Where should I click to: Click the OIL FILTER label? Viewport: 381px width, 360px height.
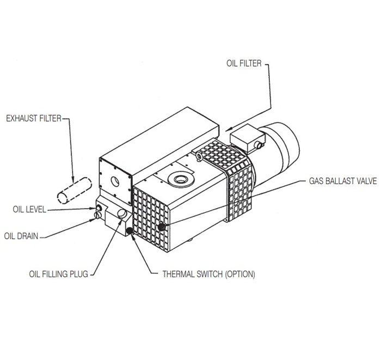coord(244,63)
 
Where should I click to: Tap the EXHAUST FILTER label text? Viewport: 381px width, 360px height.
coord(33,118)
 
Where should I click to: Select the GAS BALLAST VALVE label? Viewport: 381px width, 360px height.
coord(342,181)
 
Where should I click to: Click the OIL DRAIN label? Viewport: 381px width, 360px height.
coord(22,236)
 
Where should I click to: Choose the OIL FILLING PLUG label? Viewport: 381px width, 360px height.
coord(58,274)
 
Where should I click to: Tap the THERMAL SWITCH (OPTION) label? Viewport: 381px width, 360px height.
coord(208,274)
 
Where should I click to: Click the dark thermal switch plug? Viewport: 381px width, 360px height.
coord(130,231)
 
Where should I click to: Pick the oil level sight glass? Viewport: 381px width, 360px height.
coord(99,208)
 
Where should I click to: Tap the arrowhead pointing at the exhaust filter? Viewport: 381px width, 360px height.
coord(72,177)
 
